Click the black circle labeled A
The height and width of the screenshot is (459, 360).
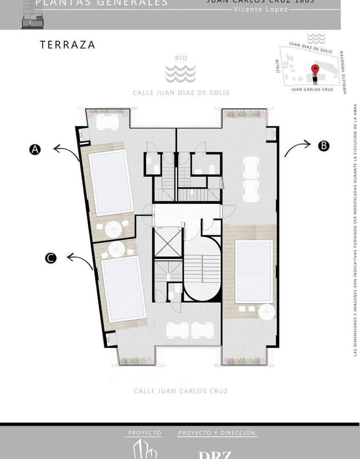pyautogui.click(x=35, y=150)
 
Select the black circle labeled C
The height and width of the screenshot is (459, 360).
pyautogui.click(x=51, y=258)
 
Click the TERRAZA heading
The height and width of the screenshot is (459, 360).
pyautogui.click(x=67, y=45)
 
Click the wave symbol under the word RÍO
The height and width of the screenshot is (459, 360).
pyautogui.click(x=180, y=74)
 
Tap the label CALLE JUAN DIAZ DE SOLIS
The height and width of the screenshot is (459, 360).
pyautogui.click(x=181, y=93)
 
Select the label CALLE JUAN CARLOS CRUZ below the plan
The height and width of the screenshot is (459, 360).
pyautogui.click(x=181, y=391)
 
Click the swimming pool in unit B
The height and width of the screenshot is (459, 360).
pyautogui.click(x=253, y=271)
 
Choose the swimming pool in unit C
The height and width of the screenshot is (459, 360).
pyautogui.click(x=123, y=288)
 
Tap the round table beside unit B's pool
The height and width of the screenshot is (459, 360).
pyautogui.click(x=266, y=312)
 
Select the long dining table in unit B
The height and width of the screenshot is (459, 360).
pyautogui.click(x=251, y=179)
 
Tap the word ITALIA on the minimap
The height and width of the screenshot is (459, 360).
pyautogui.click(x=277, y=66)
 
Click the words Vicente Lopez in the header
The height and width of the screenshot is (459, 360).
pyautogui.click(x=260, y=9)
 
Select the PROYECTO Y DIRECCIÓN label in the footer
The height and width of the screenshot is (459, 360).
pyautogui.click(x=217, y=433)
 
